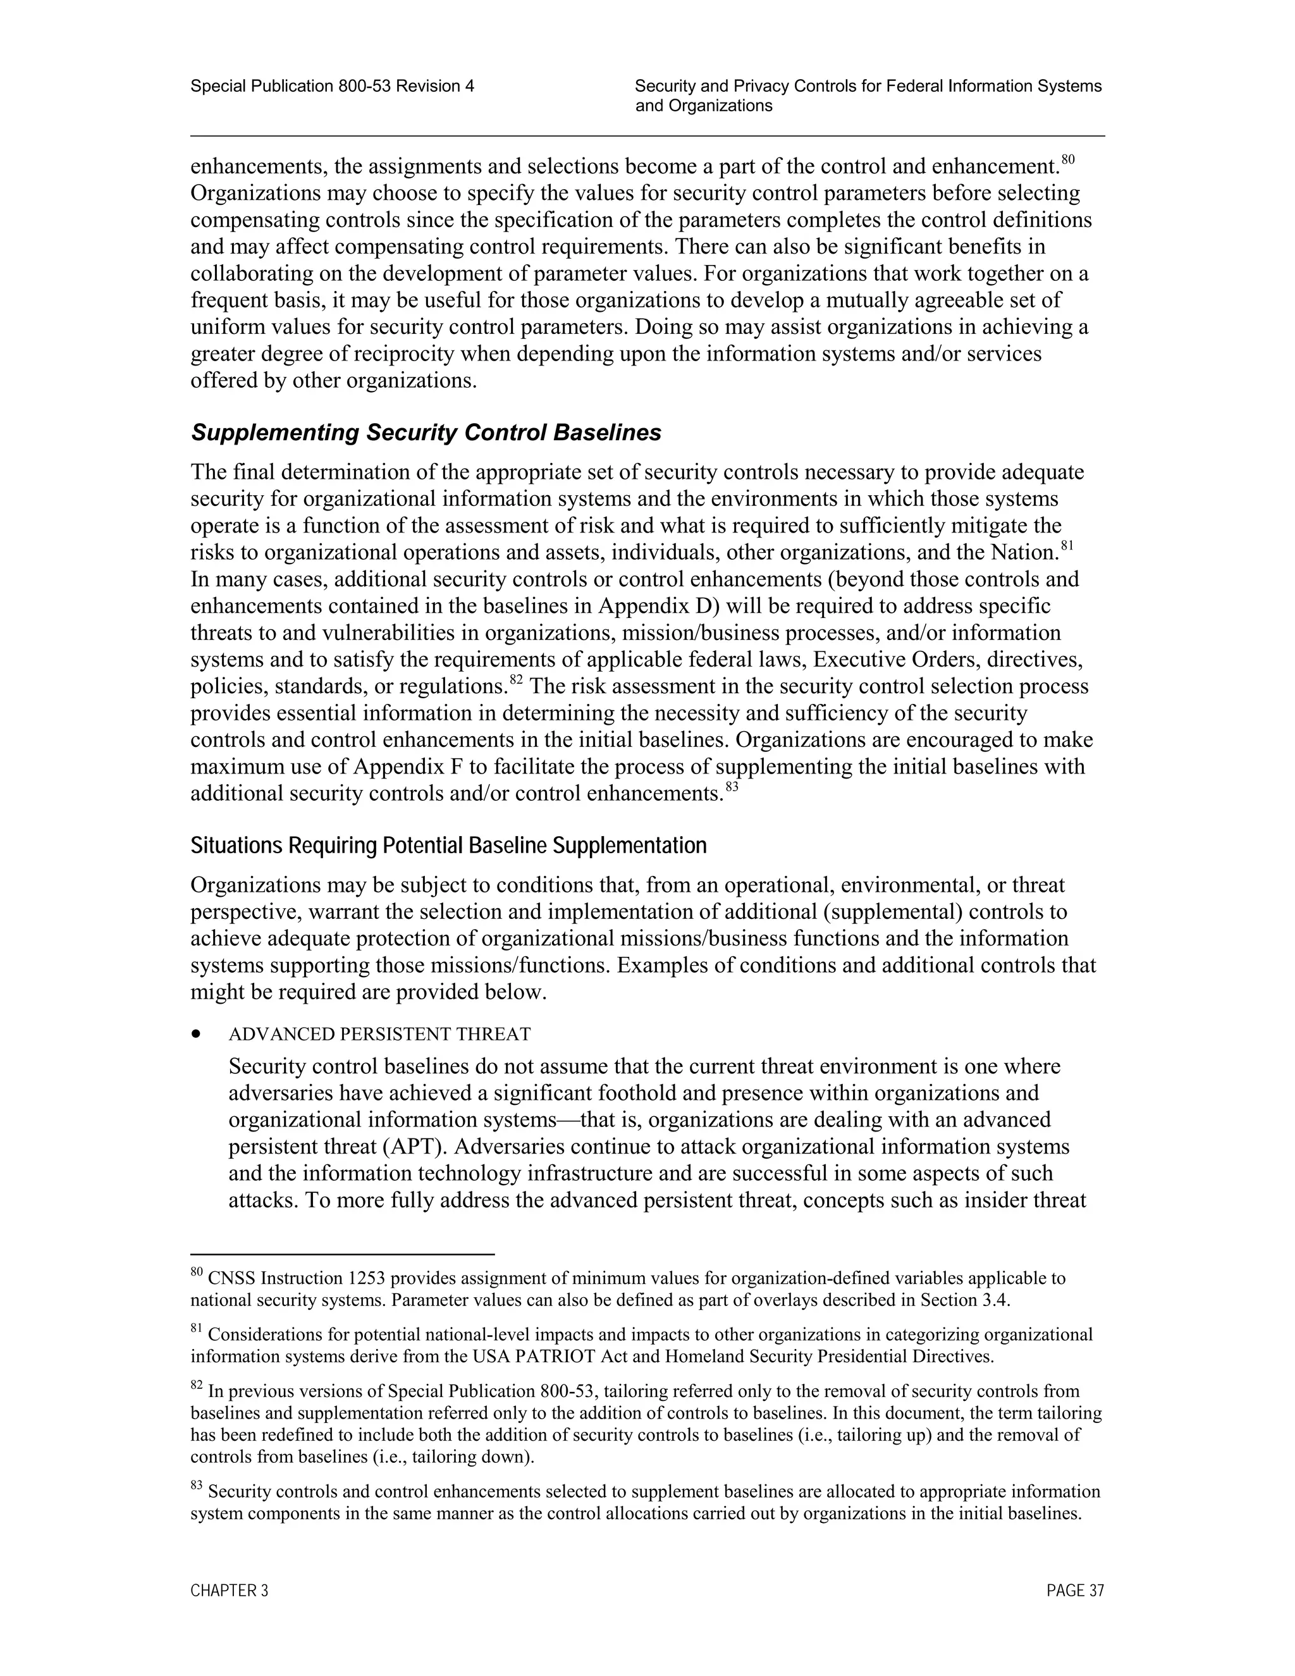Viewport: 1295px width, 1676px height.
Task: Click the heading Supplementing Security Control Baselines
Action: point(426,433)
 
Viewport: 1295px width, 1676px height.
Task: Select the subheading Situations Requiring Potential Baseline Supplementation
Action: point(448,846)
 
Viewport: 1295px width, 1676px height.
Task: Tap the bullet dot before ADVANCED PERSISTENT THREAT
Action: point(198,1035)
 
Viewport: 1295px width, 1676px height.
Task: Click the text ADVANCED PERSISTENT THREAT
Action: point(379,1035)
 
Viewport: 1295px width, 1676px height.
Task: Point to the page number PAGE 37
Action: point(1075,1591)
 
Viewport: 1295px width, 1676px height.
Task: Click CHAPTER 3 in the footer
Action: point(230,1591)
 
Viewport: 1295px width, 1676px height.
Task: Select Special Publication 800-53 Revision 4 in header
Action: point(332,87)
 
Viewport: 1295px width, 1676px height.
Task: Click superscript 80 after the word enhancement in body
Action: point(1068,159)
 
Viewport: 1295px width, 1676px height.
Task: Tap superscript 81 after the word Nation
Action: point(1066,546)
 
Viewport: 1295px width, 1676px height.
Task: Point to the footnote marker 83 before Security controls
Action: point(197,1486)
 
